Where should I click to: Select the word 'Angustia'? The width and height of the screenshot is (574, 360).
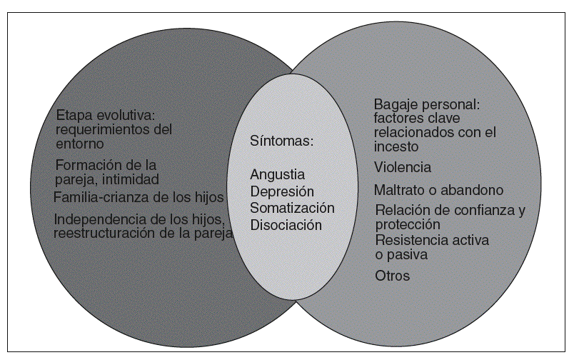pos(278,174)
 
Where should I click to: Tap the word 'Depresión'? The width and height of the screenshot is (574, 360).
pos(282,191)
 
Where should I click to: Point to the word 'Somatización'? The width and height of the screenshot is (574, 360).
pos(292,208)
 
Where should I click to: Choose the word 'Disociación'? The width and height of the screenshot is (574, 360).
pos(286,225)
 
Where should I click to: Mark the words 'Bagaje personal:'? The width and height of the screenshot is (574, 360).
pos(427,104)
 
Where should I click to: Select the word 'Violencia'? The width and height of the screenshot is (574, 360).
pos(403,168)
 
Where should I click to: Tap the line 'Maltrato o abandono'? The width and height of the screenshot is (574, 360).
pos(438,190)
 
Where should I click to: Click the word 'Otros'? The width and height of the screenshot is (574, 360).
pos(393,276)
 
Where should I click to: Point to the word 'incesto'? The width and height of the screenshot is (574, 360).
pos(396,146)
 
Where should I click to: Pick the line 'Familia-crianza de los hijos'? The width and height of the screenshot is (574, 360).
pos(139,197)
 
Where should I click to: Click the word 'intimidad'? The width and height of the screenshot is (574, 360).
pos(129,179)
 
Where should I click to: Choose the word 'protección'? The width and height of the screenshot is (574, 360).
pos(405,224)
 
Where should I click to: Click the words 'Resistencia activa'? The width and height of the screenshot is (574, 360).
pos(432,240)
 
